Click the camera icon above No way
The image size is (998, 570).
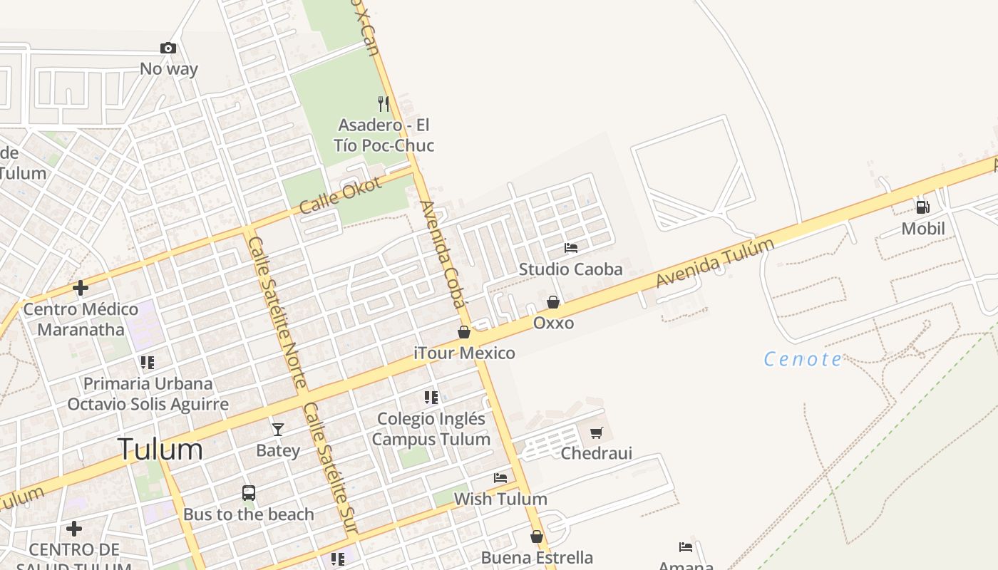coord(168,48)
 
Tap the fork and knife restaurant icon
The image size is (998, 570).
coord(384,104)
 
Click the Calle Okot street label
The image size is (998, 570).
coord(341,195)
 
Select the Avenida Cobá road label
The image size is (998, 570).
coord(443,253)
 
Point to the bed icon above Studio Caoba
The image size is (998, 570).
coord(571,248)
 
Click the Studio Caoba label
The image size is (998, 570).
coord(570,269)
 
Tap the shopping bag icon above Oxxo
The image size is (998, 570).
coord(553,302)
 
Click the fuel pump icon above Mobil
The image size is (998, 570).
coord(922,207)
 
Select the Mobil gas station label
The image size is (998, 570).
coord(923,229)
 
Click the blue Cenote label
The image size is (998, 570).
coord(803,359)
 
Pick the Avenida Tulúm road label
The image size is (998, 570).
coord(714,264)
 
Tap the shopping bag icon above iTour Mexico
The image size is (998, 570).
coord(464,332)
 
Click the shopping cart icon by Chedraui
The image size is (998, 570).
coord(597,432)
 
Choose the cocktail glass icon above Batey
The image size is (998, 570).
coord(278,429)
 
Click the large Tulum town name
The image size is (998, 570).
coord(160,450)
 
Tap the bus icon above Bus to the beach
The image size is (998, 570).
coord(249,492)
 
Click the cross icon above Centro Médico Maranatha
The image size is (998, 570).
coord(81,289)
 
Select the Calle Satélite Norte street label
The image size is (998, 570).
coord(276,312)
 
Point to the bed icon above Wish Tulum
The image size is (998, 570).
coord(500,477)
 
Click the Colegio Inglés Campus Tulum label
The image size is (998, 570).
coord(431,429)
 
